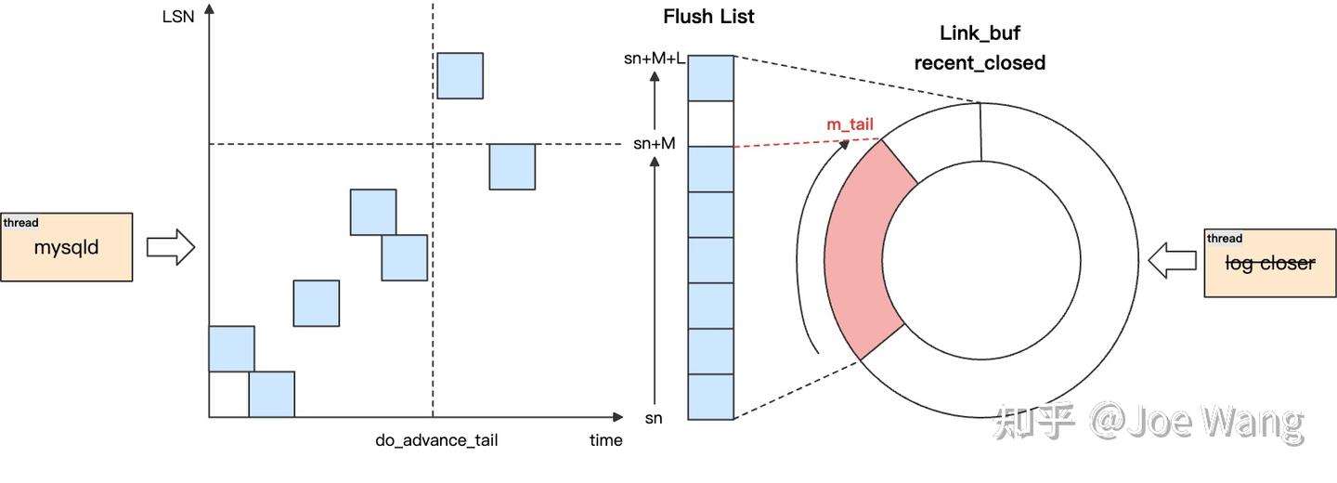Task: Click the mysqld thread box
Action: pos(66,247)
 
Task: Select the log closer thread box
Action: pos(1269,263)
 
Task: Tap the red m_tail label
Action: pos(850,124)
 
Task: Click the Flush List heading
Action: pos(708,17)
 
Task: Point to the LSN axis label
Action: pos(177,16)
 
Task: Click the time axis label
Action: pos(605,440)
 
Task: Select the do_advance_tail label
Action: pos(436,440)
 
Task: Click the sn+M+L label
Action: pos(655,59)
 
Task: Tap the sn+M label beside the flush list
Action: pos(654,144)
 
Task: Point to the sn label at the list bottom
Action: pos(654,418)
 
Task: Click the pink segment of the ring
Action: pos(863,251)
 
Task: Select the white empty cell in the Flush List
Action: pos(711,124)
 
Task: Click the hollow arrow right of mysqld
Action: pos(171,247)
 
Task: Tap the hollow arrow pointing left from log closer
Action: pos(1172,261)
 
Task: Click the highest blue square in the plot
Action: pos(460,75)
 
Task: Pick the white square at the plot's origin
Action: pos(228,394)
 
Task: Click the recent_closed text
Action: pos(980,63)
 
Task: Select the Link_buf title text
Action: pos(980,34)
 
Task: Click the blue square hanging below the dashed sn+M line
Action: pos(512,166)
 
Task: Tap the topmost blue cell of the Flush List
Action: pos(711,78)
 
